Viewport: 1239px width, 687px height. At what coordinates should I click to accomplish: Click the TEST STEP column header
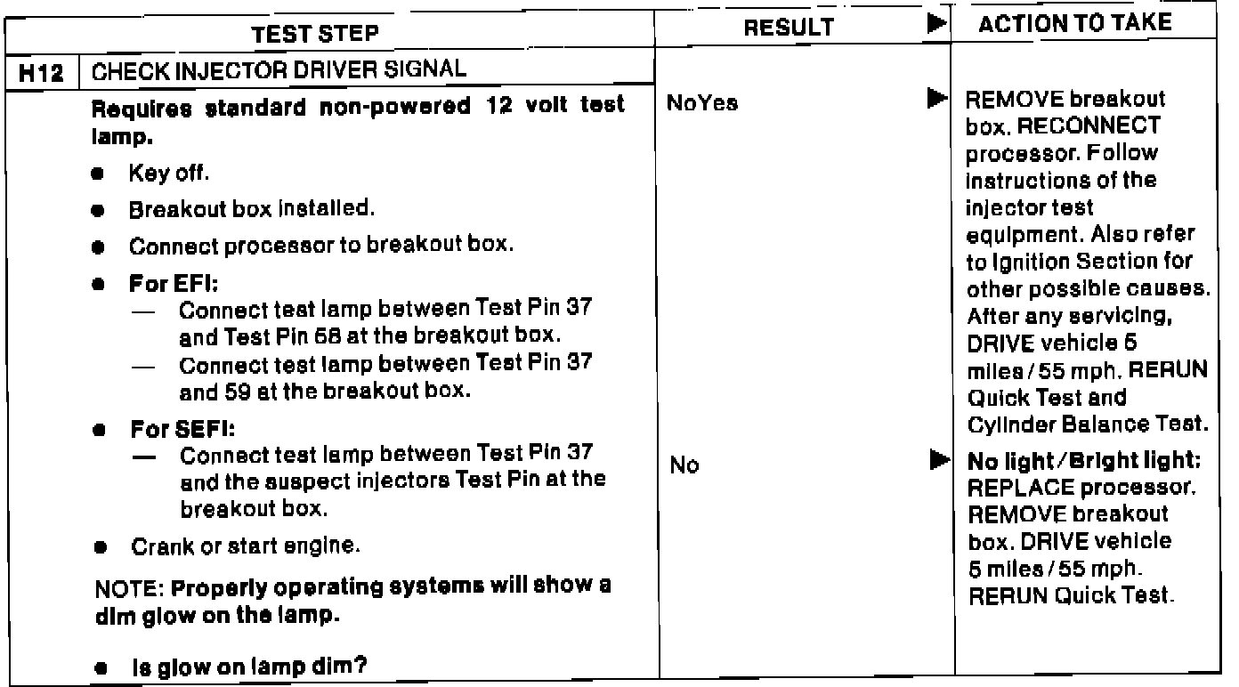pos(315,34)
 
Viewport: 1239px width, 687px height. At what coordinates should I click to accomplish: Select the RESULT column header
pos(789,27)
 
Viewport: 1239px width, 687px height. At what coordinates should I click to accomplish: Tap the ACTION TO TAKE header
pos(1074,22)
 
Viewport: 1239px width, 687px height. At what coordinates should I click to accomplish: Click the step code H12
pos(41,72)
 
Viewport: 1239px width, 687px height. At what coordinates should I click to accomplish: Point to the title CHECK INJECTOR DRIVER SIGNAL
pos(279,69)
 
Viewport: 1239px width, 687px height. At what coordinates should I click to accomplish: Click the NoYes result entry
pos(702,103)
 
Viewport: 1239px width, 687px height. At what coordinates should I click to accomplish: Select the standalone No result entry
pos(684,465)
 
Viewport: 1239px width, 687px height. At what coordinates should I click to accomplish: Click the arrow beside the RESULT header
pos(936,22)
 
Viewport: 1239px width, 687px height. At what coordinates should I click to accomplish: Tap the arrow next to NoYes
pos(937,98)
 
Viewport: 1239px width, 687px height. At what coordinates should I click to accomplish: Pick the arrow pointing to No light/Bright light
pos(940,460)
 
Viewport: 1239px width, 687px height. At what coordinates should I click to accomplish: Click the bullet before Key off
pos(98,174)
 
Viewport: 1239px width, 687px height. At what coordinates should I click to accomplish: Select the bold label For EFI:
pos(174,284)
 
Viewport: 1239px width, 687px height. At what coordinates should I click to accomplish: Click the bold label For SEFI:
pos(182,429)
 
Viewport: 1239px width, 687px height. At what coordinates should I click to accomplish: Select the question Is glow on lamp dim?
pos(249,667)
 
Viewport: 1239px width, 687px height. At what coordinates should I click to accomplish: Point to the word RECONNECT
pos(1089,125)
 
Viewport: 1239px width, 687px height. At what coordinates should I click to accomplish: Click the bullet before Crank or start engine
pos(100,547)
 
